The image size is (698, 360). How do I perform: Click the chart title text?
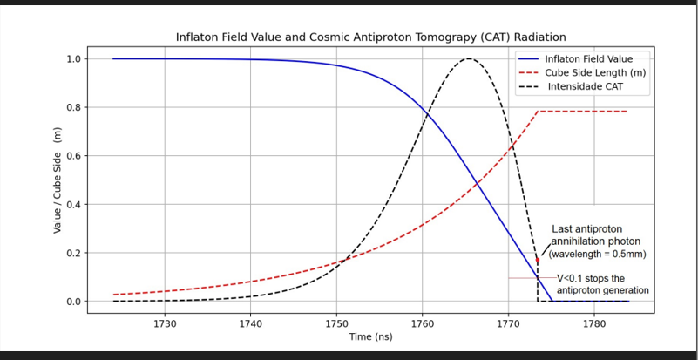pos(371,37)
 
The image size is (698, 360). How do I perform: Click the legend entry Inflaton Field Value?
pos(582,59)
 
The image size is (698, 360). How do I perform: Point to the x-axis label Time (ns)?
pos(371,336)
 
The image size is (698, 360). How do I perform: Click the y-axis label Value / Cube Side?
pos(58,180)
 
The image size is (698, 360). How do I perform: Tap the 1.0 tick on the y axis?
pos(74,59)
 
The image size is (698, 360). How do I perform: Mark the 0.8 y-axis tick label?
pos(74,108)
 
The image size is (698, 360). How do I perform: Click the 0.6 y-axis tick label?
pos(74,156)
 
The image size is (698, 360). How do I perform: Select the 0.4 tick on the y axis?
pos(74,205)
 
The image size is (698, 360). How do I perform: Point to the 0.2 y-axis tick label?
pos(74,253)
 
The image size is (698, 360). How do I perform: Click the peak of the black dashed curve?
pos(470,59)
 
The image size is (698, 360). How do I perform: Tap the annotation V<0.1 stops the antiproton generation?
pos(602,284)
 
